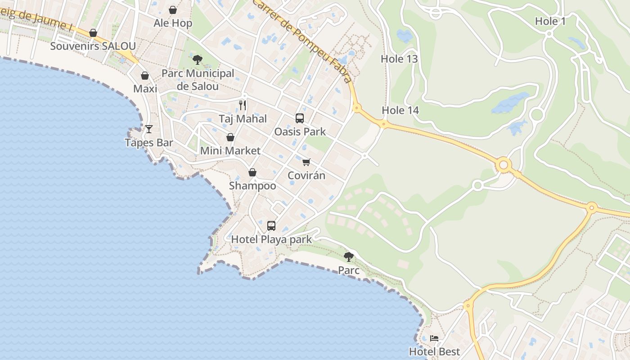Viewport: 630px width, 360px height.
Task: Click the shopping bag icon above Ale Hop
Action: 173,10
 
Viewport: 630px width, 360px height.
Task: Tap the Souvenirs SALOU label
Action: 93,46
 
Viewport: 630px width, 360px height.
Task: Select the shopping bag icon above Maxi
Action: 145,76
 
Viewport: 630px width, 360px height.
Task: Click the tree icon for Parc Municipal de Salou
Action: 197,59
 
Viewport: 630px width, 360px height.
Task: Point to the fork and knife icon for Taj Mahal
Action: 243,105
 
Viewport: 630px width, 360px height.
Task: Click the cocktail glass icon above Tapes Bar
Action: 149,130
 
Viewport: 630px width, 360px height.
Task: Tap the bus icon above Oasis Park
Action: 300,118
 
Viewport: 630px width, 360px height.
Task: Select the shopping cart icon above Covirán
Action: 306,162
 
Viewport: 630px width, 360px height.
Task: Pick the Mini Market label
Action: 230,151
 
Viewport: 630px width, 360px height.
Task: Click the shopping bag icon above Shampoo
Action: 252,172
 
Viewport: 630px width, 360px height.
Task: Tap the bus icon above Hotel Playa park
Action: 271,226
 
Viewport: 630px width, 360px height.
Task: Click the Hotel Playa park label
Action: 271,239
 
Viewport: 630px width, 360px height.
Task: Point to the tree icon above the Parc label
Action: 348,257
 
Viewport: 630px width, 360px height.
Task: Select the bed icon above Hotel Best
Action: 434,338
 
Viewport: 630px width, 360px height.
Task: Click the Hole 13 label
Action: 399,59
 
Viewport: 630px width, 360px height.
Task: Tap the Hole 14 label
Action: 400,110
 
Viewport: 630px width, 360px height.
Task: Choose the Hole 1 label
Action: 550,21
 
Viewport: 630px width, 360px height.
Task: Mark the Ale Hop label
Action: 173,23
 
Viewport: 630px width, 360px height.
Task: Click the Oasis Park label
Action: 300,132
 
